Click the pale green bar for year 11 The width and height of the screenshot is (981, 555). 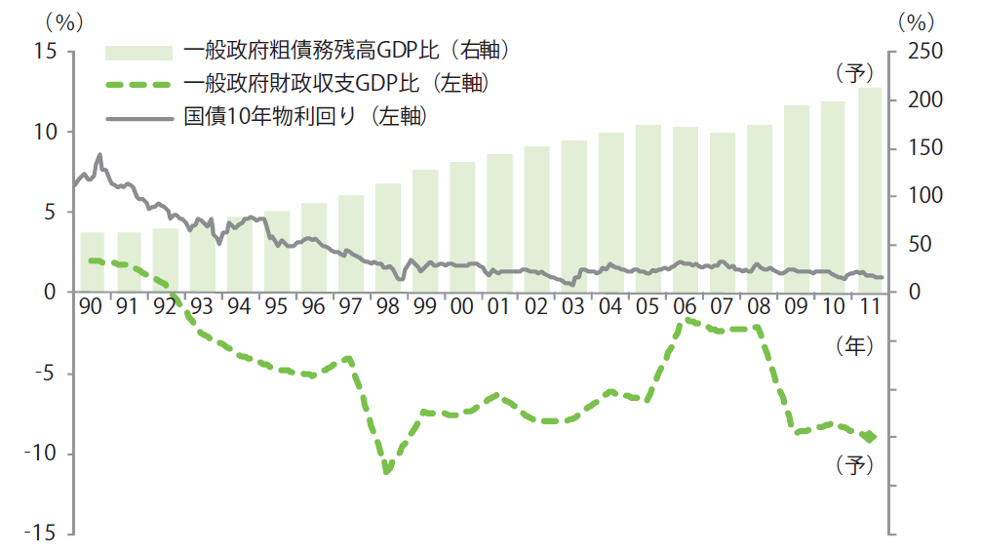(x=870, y=189)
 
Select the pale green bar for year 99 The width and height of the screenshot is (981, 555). (x=425, y=230)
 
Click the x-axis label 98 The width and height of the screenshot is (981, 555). (x=387, y=306)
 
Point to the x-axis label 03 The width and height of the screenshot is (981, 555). (x=573, y=306)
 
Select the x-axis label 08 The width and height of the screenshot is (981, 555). (x=759, y=306)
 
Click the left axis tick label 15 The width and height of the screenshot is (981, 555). (x=44, y=52)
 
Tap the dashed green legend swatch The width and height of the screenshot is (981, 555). (x=137, y=83)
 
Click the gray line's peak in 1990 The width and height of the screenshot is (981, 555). (x=99, y=154)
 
